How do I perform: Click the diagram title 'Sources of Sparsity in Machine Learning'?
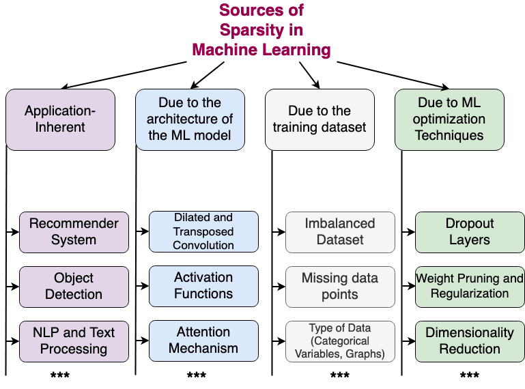click(x=261, y=30)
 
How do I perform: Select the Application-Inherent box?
click(x=60, y=119)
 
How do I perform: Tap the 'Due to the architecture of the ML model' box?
click(x=190, y=119)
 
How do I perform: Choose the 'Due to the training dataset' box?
click(x=320, y=119)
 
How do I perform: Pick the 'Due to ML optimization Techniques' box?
click(x=449, y=119)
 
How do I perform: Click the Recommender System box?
click(x=74, y=232)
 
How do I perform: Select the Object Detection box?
click(x=74, y=287)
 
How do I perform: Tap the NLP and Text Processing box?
click(x=74, y=341)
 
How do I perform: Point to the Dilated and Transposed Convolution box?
click(x=203, y=231)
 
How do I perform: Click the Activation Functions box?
click(x=203, y=286)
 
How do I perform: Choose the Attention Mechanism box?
click(x=203, y=341)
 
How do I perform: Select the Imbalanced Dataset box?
click(x=340, y=232)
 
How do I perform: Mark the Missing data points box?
click(x=340, y=287)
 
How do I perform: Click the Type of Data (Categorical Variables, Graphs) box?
click(x=340, y=341)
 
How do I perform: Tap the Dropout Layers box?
click(x=470, y=232)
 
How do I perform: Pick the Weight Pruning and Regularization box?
click(x=470, y=287)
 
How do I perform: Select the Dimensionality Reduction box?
click(x=470, y=341)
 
